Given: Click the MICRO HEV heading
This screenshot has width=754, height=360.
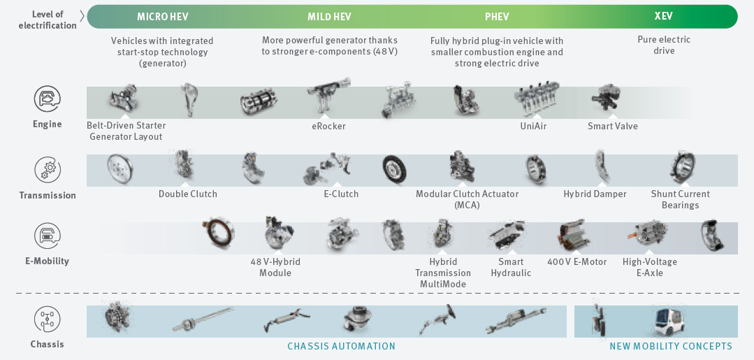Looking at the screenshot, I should pos(161,16).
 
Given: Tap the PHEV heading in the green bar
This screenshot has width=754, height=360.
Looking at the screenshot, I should pos(497,16).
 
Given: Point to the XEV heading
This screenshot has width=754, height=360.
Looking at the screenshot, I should pos(664,15).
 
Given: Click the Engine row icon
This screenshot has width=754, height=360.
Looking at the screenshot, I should pos(48,99).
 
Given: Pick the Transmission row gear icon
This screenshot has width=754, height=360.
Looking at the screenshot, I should pos(48,170).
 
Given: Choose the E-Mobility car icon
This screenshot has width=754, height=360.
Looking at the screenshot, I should pos(48,236).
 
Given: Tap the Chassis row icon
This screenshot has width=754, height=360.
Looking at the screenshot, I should pos(48,319).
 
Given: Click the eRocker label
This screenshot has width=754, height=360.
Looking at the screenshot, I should pos(328,127).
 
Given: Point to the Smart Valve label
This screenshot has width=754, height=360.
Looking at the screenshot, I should pos(613,127).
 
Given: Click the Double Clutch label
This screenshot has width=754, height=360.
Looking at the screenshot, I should pos(188,194).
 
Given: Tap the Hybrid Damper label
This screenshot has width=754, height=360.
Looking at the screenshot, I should pos(595,194).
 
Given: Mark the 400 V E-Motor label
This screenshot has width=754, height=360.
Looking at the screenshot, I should pos(577,262).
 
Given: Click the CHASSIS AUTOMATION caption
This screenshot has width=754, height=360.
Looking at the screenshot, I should pos(342,346).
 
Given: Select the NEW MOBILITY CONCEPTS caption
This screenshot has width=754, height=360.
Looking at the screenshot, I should pos(671,346).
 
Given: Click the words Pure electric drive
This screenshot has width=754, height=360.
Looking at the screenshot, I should pos(664,45).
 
